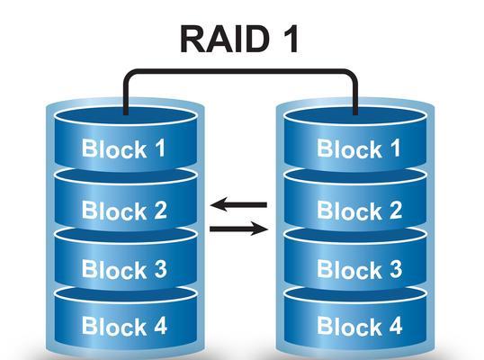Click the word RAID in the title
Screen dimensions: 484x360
[225, 40]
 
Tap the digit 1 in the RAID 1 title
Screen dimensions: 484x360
[290, 40]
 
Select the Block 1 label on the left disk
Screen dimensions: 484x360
[123, 148]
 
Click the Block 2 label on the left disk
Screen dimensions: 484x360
[124, 211]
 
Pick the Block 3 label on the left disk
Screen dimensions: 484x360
[124, 269]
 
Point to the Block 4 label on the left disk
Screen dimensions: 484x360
[124, 326]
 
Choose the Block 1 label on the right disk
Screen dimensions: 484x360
[359, 148]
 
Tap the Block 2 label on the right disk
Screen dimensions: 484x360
[360, 211]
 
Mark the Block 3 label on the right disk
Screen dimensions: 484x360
[360, 269]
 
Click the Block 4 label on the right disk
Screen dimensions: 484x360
[360, 326]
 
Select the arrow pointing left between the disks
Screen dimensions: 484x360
[238, 204]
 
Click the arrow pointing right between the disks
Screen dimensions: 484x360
[239, 229]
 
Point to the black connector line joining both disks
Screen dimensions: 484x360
[240, 72]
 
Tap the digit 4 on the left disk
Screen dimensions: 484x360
[160, 326]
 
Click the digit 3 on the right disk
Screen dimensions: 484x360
[396, 269]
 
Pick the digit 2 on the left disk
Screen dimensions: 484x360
[160, 211]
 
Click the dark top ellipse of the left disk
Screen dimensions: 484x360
[125, 117]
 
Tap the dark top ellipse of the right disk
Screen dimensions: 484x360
[355, 117]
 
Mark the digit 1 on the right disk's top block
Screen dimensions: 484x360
[396, 148]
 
